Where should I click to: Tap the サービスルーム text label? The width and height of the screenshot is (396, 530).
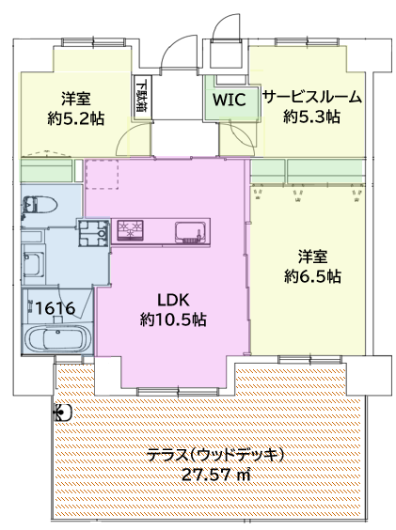312,97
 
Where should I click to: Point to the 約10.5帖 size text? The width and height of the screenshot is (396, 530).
174,320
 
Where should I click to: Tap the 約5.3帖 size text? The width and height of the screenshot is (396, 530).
312,117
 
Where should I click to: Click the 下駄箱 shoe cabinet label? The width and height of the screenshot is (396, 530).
141,95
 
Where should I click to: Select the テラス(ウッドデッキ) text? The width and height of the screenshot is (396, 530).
214,455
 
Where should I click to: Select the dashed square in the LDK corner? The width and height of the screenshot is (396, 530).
101,174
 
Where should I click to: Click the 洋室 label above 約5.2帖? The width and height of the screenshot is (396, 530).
77,98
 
